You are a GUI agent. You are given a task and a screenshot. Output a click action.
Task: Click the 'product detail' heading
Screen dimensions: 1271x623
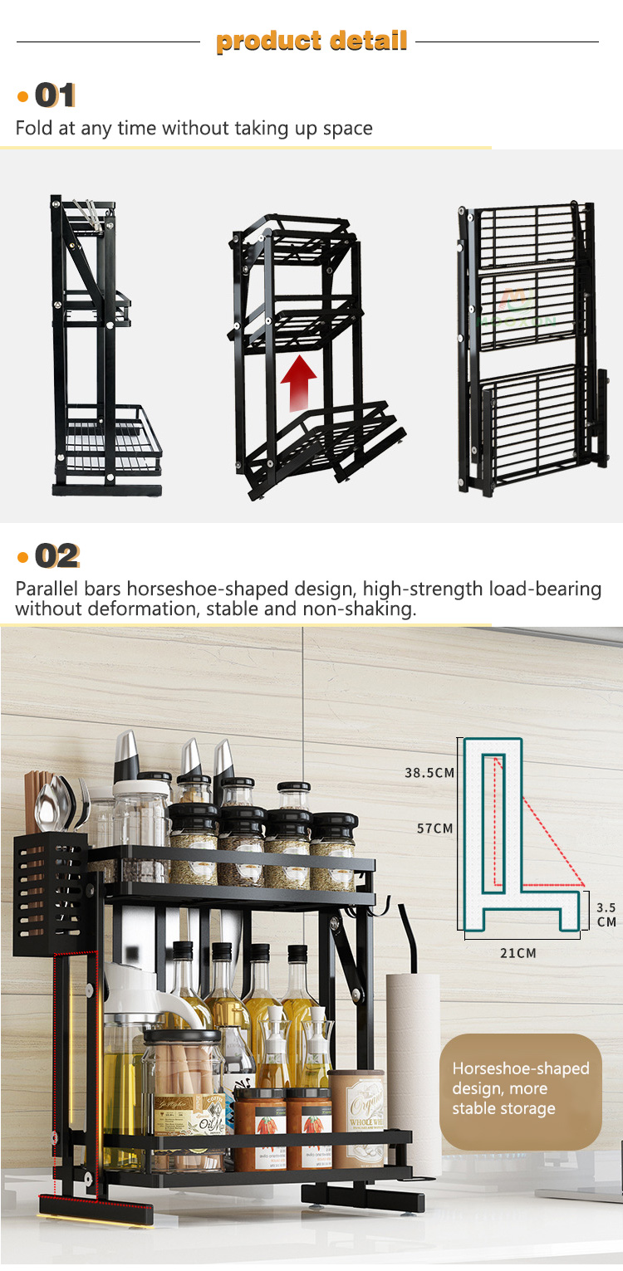coord(311,41)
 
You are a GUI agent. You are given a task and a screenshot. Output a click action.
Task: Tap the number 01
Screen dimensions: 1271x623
coord(55,95)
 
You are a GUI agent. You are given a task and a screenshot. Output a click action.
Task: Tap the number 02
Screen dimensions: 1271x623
coord(56,555)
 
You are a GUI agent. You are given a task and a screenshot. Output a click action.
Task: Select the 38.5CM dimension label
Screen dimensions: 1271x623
coord(429,773)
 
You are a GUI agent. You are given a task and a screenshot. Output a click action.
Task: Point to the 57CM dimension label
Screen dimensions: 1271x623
coord(435,829)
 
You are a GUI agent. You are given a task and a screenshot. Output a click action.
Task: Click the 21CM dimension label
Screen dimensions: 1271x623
coord(518,953)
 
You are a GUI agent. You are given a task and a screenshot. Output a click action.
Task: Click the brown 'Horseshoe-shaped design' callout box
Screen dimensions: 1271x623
coord(520,1089)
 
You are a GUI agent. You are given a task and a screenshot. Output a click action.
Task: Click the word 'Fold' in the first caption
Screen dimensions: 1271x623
coord(31,128)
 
